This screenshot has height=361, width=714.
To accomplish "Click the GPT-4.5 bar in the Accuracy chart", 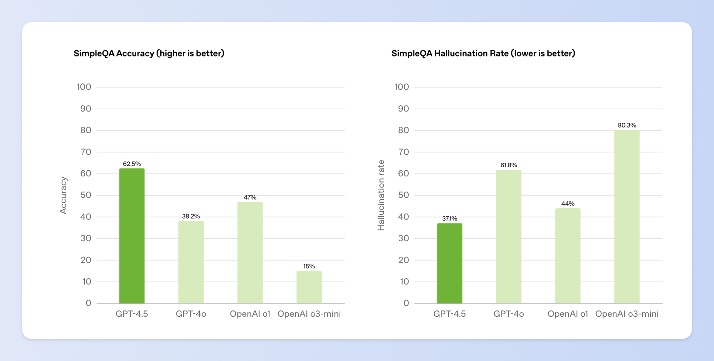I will click(132, 236).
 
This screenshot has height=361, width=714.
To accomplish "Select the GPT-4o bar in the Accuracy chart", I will click(191, 262).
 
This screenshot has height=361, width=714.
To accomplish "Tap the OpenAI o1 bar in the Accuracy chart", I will click(250, 253).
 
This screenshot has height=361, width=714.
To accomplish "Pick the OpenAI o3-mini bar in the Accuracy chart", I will click(309, 287).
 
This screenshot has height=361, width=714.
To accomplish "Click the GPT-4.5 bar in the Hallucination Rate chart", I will click(449, 263).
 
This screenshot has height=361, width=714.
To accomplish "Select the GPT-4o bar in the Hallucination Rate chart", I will click(509, 237).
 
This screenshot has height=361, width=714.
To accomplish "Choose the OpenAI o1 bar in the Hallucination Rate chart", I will click(568, 256).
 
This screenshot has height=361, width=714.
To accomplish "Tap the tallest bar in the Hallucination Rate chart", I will click(627, 217).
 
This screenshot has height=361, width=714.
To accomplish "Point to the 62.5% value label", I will click(132, 164).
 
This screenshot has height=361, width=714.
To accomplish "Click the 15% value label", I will click(309, 266).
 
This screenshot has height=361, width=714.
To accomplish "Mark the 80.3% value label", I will click(627, 125).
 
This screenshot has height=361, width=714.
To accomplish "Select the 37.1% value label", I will click(449, 218).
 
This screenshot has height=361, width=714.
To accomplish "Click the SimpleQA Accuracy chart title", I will click(149, 53).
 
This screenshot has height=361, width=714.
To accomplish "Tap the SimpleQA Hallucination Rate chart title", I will click(483, 53).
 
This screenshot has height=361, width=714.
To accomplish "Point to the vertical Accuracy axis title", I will click(63, 195).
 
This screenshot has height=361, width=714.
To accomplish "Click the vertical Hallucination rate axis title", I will click(381, 195).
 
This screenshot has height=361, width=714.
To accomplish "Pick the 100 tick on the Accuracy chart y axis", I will click(84, 87).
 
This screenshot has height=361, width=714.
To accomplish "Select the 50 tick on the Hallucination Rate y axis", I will click(403, 195).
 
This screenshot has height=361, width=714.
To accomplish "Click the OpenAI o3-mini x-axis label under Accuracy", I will click(309, 314).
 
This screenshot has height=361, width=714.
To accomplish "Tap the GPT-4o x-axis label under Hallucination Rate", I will click(509, 314).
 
